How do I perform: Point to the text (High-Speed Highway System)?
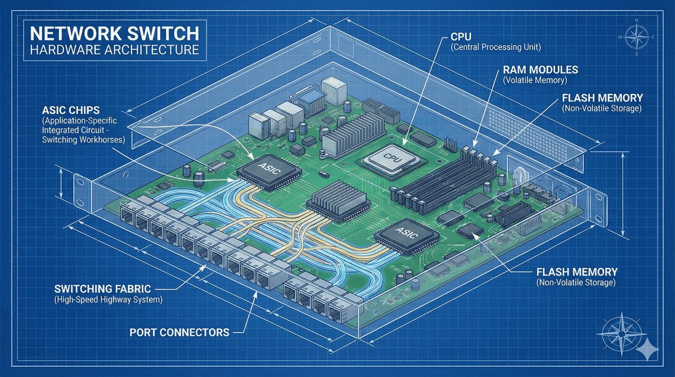(109, 300)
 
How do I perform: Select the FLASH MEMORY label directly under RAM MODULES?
(595, 96)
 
